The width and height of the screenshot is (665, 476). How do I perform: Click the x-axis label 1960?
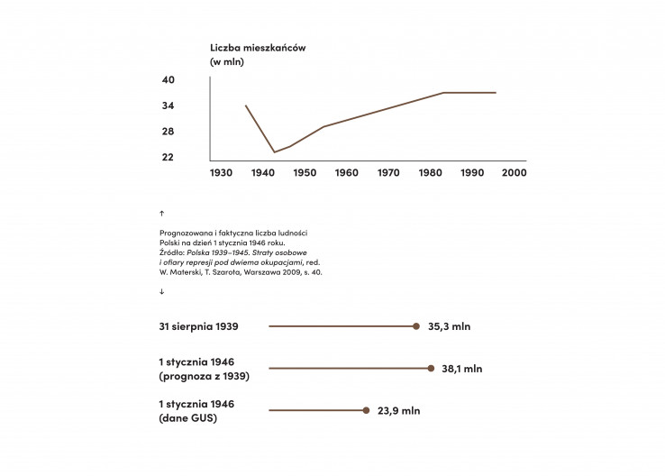click(346, 172)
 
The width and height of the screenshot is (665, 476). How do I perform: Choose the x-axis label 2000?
click(514, 172)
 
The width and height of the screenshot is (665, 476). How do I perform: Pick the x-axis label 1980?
click(430, 172)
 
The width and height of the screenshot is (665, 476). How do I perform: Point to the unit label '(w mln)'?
click(227, 62)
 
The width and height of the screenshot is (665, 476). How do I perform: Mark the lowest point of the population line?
click(275, 151)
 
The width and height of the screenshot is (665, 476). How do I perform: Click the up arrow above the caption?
click(161, 214)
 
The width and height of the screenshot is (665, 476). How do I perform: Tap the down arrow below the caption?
click(161, 291)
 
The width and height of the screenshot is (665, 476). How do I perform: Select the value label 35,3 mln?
click(450, 326)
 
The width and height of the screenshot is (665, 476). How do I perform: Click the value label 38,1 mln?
click(461, 369)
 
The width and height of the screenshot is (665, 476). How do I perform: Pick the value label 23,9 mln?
click(399, 410)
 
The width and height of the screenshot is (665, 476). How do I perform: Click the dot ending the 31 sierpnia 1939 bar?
click(416, 326)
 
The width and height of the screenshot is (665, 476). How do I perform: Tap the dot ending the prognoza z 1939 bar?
click(431, 368)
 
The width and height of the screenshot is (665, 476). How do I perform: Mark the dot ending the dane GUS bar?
click(366, 410)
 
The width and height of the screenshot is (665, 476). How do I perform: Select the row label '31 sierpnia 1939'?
click(199, 326)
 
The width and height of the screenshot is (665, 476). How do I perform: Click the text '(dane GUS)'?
click(188, 418)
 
